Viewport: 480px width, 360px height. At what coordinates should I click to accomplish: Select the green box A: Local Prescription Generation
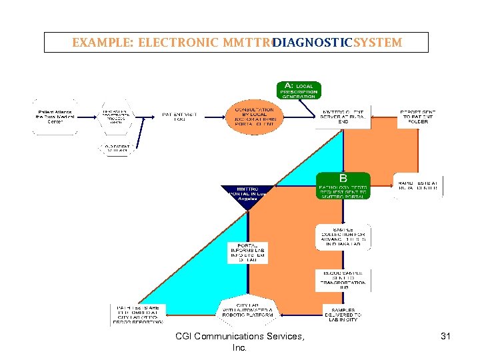pos(299,90)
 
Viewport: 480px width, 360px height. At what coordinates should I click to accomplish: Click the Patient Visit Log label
pos(179,116)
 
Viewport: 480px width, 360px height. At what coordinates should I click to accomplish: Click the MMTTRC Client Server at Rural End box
pos(343,116)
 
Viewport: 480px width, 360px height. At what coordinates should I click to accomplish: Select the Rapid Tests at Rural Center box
pos(418,185)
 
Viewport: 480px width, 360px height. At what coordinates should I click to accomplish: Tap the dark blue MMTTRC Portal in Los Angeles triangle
pos(248,195)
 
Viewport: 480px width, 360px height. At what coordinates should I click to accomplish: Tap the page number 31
pos(445,337)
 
